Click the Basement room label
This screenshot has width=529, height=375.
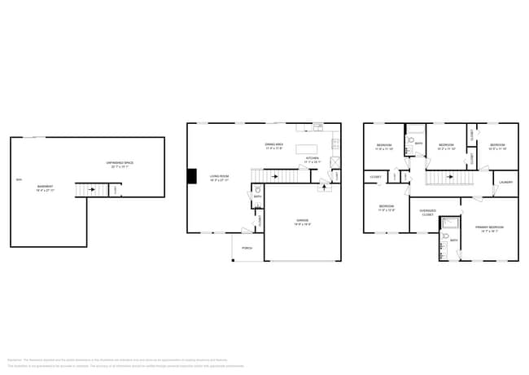pos(45,187)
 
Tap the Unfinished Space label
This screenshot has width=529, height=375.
pos(122,164)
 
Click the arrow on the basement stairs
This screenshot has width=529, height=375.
pos(91,191)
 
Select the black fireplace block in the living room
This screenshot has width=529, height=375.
pos(192,176)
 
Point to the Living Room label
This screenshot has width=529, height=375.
pos(220,177)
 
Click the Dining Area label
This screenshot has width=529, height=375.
pos(274,147)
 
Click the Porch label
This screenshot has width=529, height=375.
pos(247,249)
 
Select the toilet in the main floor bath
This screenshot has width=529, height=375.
pos(257,208)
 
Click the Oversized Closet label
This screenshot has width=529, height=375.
pos(427,212)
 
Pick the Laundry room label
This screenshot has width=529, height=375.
pos(505,182)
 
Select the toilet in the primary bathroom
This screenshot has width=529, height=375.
pos(446,237)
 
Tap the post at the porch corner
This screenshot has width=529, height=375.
pos(233,261)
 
